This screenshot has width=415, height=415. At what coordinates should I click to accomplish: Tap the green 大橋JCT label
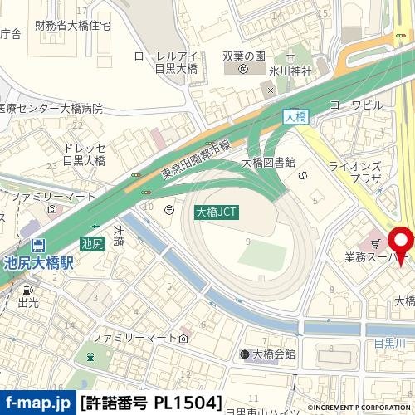pos(217,212)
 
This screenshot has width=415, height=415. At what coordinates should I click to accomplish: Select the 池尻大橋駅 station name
pos(38,263)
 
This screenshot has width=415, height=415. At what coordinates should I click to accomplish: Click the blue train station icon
pos(38,246)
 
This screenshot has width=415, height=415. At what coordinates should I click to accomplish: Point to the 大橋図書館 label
pos(268,162)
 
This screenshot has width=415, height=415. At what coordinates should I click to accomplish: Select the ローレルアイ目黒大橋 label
pos(166,63)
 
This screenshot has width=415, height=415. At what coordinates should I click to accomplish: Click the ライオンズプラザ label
pos(354,173)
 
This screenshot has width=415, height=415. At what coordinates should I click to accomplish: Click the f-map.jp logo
pos(37,403)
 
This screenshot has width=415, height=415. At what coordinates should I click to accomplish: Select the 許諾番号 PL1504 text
pos(152,403)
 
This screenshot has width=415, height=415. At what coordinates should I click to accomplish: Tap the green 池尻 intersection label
pos(92,243)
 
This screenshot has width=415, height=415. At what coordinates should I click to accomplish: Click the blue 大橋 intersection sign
pos(295,117)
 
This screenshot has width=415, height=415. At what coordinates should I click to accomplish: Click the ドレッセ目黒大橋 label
pos(84,154)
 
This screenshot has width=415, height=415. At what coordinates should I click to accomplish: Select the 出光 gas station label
pos(27,304)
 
